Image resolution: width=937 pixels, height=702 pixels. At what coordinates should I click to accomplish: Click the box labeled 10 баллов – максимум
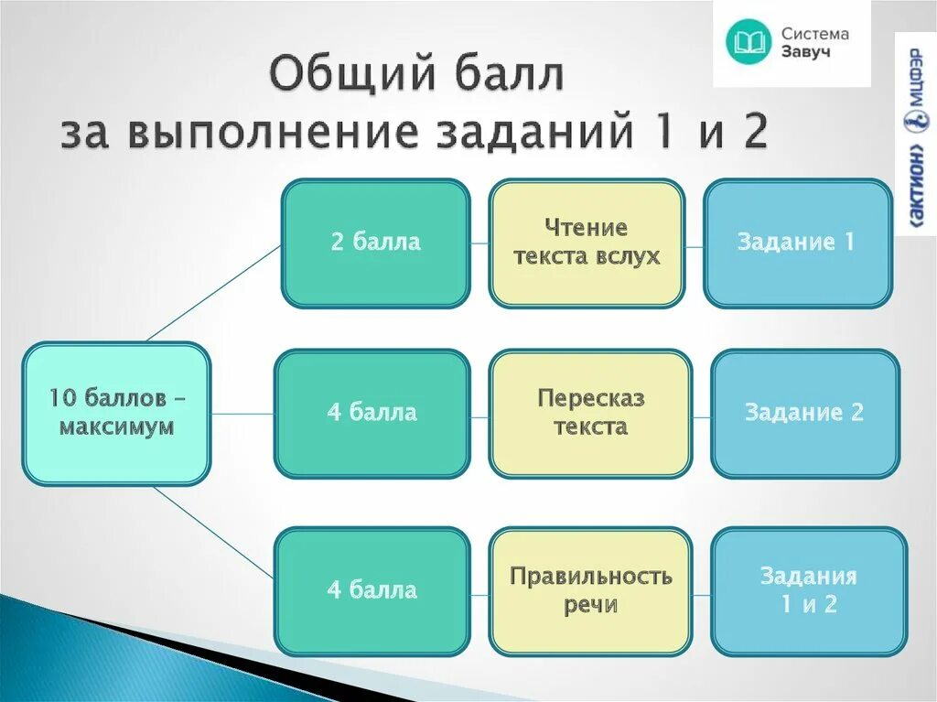116,413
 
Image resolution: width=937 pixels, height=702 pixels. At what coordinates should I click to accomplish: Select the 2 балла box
375,243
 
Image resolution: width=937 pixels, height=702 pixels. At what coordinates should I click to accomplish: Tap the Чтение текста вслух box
587,243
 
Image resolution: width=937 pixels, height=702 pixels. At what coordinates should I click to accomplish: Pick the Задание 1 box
797,243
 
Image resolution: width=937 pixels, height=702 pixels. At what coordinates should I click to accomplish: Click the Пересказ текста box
590,413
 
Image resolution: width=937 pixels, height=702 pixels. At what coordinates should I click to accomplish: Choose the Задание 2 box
804,413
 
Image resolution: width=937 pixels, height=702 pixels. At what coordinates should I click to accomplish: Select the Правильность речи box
590,590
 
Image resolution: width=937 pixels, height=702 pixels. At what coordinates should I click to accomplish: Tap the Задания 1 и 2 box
808,590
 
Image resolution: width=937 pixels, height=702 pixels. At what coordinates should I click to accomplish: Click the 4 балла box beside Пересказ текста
372,413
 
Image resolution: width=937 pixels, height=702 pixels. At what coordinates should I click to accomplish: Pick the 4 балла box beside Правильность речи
372,590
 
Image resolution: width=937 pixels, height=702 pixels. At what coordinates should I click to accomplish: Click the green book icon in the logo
748,42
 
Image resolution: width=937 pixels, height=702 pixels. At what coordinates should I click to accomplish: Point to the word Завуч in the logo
806,52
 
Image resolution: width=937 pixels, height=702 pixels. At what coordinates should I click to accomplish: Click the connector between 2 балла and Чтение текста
479,243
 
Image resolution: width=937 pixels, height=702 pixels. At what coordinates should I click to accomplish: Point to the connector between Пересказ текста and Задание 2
701,414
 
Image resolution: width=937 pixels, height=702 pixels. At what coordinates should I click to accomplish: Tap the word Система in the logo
814,34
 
